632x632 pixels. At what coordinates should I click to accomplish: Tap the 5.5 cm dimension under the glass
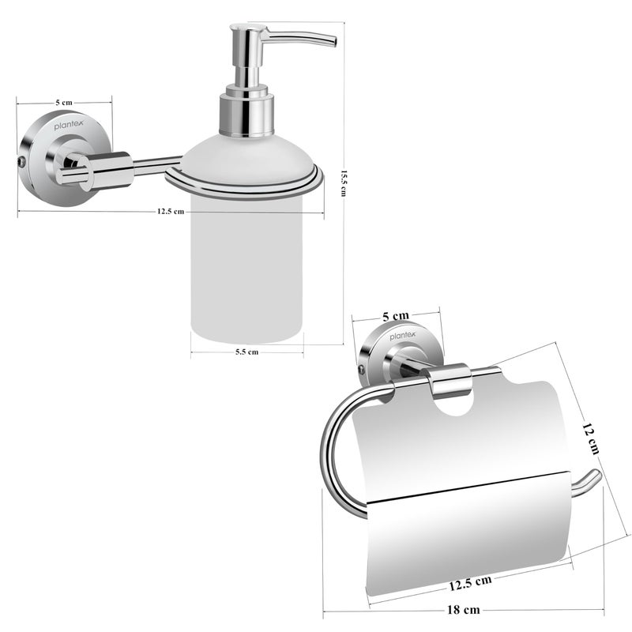(x=246, y=352)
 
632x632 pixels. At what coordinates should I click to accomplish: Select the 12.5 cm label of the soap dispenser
(x=170, y=212)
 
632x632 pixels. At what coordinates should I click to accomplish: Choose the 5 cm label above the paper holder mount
(x=396, y=316)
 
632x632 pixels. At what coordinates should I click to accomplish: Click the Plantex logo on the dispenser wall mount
(x=67, y=124)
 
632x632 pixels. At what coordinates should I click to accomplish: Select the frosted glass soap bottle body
(x=246, y=269)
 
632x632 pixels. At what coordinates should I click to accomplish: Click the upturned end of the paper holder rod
(x=595, y=475)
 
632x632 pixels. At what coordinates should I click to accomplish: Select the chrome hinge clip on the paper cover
(x=450, y=380)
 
